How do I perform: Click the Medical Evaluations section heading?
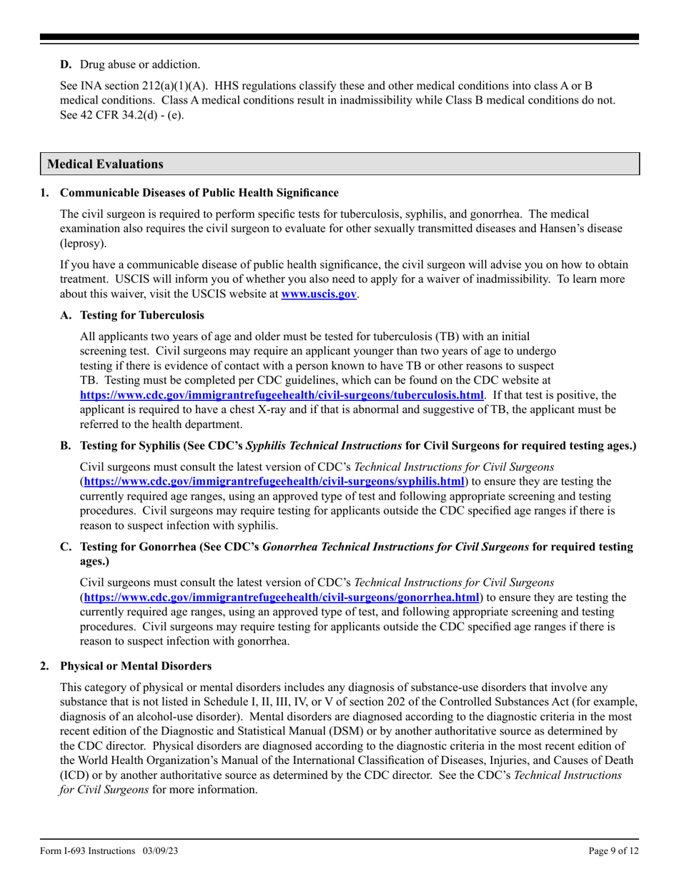point(105,164)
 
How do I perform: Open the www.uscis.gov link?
point(319,294)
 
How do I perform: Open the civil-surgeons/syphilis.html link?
point(274,481)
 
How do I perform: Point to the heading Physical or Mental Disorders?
point(136,666)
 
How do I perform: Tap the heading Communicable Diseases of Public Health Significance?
point(199,193)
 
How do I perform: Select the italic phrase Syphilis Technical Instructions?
point(324,446)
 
